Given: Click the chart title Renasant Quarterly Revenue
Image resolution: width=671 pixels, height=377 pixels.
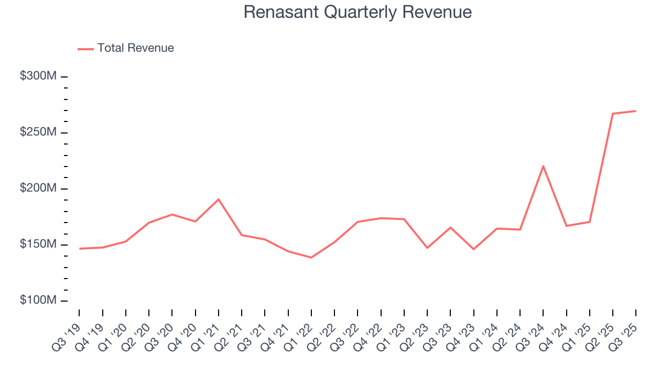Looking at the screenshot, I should pyautogui.click(x=358, y=12).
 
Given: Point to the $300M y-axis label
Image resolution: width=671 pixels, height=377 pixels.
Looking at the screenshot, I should pyautogui.click(x=38, y=76).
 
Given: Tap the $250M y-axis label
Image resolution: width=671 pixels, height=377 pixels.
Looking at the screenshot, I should pyautogui.click(x=38, y=132).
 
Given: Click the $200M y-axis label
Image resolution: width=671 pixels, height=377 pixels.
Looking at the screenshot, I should pyautogui.click(x=38, y=188).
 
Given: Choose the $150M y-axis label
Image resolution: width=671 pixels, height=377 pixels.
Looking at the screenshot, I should pyautogui.click(x=38, y=245).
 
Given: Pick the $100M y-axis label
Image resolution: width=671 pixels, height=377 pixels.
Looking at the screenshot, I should pyautogui.click(x=38, y=301).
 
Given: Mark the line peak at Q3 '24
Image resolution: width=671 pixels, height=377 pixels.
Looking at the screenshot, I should pyautogui.click(x=543, y=166).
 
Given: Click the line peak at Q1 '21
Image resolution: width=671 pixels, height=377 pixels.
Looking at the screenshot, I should pyautogui.click(x=219, y=199).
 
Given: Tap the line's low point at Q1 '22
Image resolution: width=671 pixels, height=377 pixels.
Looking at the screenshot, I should pyautogui.click(x=311, y=257).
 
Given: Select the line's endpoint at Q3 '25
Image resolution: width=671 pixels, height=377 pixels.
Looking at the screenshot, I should pyautogui.click(x=635, y=111).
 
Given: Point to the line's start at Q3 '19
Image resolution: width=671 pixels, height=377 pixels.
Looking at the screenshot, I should pyautogui.click(x=80, y=249).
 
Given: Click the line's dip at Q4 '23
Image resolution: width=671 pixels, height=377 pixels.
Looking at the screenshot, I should pyautogui.click(x=473, y=249).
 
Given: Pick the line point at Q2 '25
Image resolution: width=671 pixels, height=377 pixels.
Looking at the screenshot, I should pyautogui.click(x=612, y=114).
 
